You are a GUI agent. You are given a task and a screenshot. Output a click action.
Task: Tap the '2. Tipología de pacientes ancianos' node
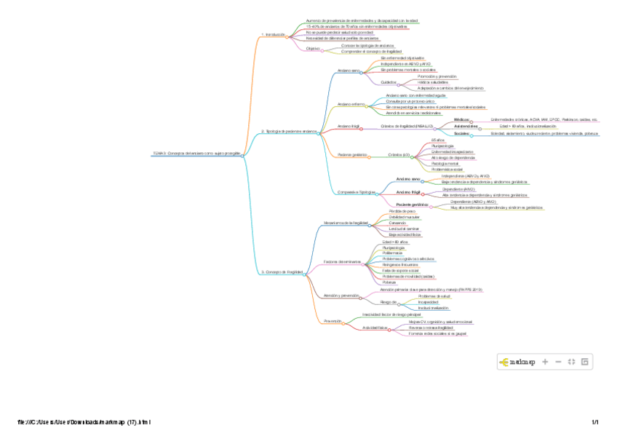click(x=289, y=132)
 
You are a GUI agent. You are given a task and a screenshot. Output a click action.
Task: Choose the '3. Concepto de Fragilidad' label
click(x=282, y=271)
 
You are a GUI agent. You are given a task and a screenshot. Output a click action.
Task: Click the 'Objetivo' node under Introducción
click(x=314, y=48)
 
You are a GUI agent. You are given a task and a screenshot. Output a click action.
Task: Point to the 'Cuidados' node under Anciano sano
click(x=389, y=82)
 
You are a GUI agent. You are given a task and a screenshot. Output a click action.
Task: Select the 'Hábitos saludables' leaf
click(x=434, y=82)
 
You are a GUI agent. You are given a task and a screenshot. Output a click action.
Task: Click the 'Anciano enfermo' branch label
click(x=352, y=104)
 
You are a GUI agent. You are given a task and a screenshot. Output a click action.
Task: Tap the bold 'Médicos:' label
click(x=461, y=119)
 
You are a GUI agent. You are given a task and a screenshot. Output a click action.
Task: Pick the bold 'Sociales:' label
click(x=461, y=134)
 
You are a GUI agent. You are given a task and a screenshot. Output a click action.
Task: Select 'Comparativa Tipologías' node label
click(x=357, y=192)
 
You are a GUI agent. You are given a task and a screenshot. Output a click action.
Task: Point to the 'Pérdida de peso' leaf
click(x=403, y=211)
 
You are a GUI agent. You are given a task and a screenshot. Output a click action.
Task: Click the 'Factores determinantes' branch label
click(x=343, y=261)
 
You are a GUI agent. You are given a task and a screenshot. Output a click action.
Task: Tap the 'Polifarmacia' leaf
click(x=393, y=253)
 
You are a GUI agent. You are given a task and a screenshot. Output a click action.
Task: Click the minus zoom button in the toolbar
click(x=558, y=361)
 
